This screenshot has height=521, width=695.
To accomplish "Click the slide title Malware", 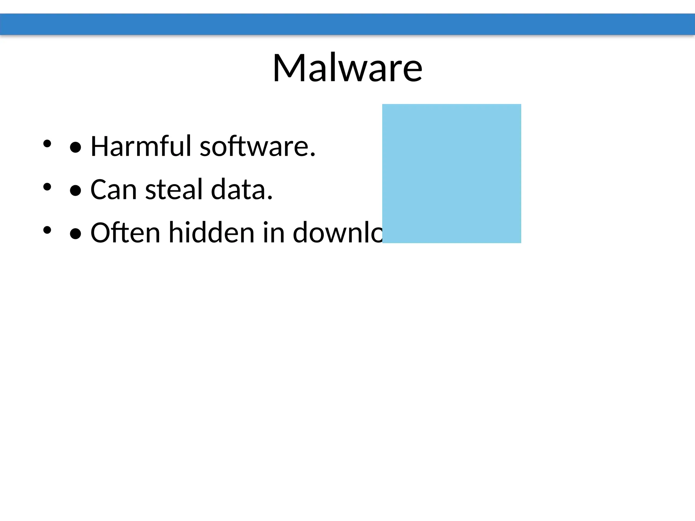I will coord(347,68).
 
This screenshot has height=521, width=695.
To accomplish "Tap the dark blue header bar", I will coord(347,24).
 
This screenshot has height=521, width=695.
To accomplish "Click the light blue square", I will coord(451,173).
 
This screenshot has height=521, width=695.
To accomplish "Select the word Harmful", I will coord(141,146).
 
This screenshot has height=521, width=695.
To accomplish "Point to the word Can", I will coord(114,189).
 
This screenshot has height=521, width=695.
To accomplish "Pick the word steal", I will coord(174,189).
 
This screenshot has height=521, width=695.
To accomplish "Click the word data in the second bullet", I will coord(239,189).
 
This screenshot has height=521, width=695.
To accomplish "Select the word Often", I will coord(125,233).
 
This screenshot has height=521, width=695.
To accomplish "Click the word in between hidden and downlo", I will coord(274,233).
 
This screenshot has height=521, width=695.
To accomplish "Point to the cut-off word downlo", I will coord(338,233).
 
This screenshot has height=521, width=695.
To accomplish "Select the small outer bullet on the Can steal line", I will coord(47,187).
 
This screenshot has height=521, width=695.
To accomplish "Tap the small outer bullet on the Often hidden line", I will coord(47,230).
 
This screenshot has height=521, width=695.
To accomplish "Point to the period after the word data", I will coord(270,198).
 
